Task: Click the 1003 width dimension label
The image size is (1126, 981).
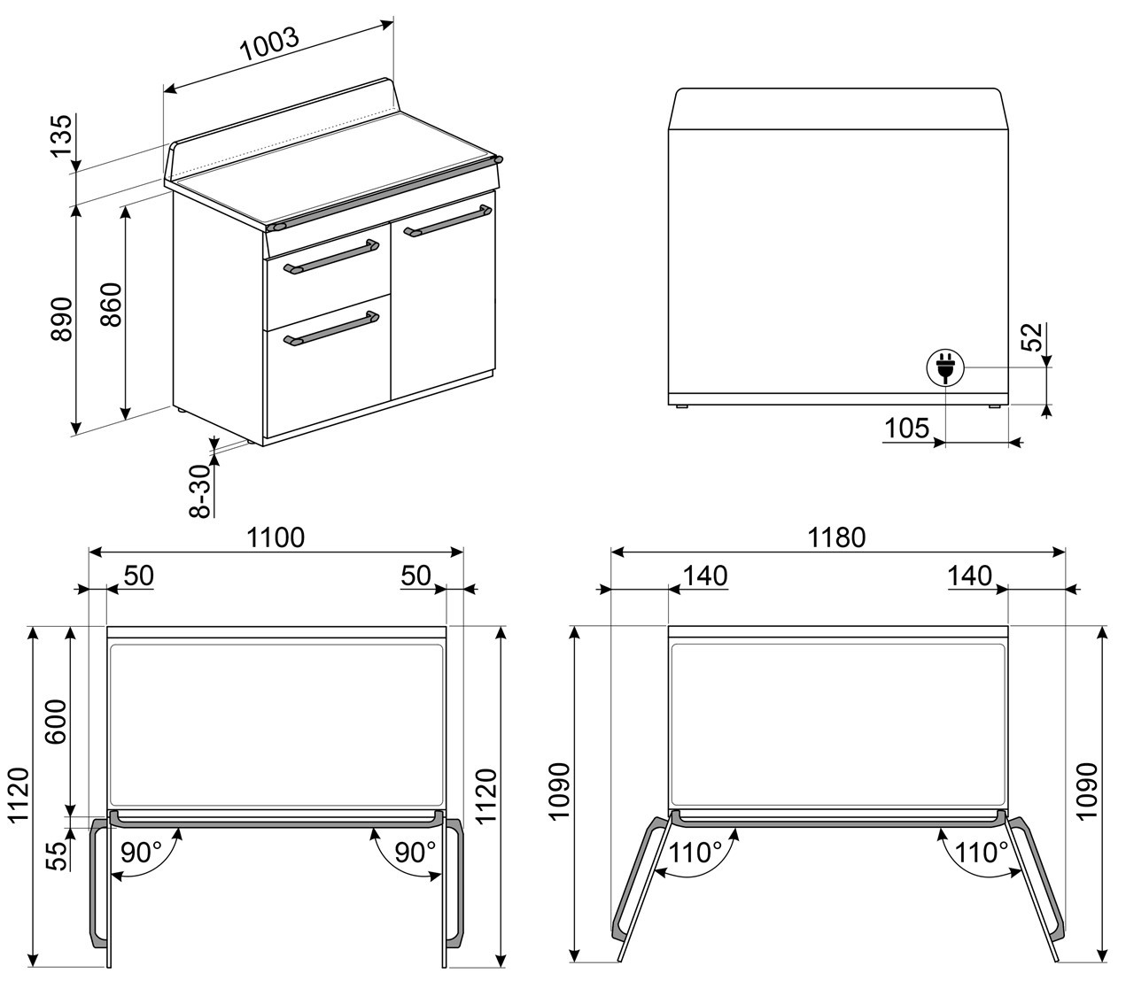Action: click(x=270, y=44)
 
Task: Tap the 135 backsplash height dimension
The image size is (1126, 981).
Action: click(x=62, y=135)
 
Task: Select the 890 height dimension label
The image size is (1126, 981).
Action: click(x=62, y=319)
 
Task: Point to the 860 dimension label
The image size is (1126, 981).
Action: click(x=112, y=305)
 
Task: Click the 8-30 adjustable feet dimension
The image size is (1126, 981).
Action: click(x=200, y=491)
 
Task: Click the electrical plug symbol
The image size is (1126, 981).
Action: click(x=945, y=367)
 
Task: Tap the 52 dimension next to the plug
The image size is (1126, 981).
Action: click(x=1031, y=336)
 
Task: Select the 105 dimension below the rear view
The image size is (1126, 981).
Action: click(x=907, y=428)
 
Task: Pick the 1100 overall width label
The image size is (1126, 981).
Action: click(x=276, y=537)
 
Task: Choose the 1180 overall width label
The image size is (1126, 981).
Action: click(x=836, y=537)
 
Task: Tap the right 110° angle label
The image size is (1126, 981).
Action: click(x=982, y=853)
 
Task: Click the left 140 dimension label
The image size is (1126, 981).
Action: click(x=705, y=575)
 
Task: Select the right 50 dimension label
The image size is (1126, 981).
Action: click(x=415, y=575)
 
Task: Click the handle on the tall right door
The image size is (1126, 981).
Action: click(x=447, y=220)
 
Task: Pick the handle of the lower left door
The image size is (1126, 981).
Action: click(x=331, y=328)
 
